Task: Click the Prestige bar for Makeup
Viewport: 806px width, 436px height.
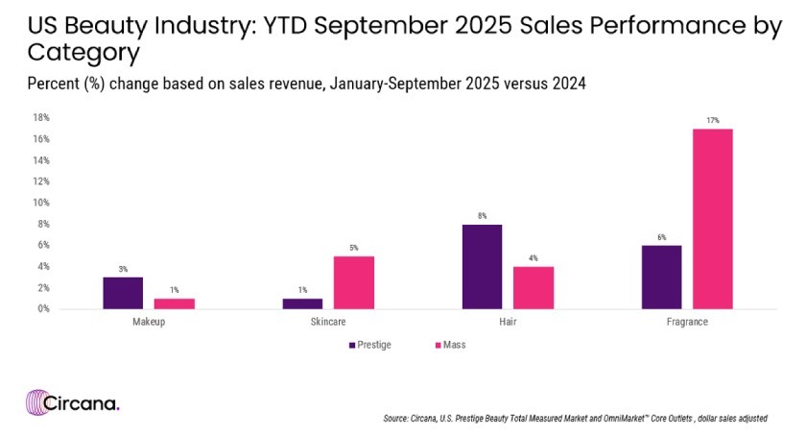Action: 123,293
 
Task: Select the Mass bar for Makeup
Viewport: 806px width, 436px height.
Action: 175,303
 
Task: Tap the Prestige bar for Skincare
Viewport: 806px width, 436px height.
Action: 302,303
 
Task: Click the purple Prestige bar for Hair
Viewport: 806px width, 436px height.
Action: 482,266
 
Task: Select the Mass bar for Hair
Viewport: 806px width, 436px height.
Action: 533,287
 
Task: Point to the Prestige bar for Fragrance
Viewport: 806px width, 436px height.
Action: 661,277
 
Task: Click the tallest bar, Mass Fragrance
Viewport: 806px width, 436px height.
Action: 713,219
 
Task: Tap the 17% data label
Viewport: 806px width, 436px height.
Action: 713,120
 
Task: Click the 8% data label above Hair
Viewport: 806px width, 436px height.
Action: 482,216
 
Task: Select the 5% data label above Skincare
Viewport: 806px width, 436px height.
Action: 354,248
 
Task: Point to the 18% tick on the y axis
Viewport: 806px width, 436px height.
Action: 41,118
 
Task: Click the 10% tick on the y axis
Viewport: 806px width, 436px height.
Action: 41,203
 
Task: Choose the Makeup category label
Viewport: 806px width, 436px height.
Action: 149,323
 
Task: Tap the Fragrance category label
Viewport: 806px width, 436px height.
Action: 687,323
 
